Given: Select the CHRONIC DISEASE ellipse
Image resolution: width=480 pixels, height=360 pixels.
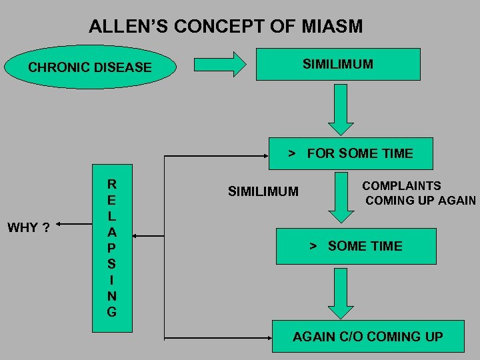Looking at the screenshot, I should pos(89,67).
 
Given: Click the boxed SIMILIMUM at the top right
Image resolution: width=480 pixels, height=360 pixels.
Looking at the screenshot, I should pos(338,64).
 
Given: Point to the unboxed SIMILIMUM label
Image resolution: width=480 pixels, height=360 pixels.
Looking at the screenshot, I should pos(263,192).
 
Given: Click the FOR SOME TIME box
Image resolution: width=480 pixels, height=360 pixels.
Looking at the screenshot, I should pos(350,154).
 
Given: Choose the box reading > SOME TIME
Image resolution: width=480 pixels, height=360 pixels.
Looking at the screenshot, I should pos(355,246).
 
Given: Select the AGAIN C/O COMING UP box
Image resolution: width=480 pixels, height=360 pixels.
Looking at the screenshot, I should pos(367,337).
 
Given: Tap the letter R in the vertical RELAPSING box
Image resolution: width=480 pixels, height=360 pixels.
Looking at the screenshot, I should pos(111,184).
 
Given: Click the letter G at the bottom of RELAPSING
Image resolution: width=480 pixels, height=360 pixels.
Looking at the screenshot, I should pos(111,312).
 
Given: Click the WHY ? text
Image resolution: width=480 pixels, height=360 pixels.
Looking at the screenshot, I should pos(28,228).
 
